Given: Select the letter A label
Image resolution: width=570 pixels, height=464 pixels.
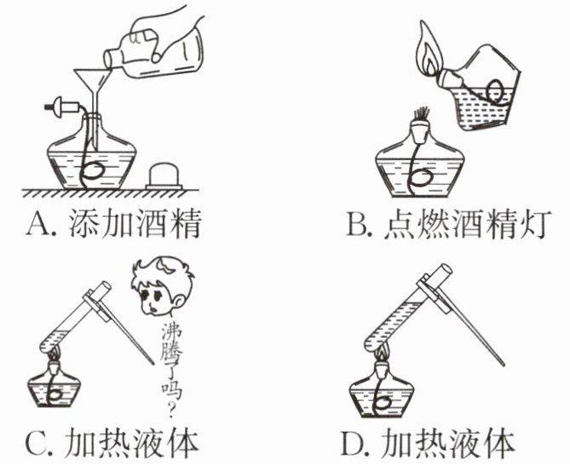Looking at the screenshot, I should coord(39,224).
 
